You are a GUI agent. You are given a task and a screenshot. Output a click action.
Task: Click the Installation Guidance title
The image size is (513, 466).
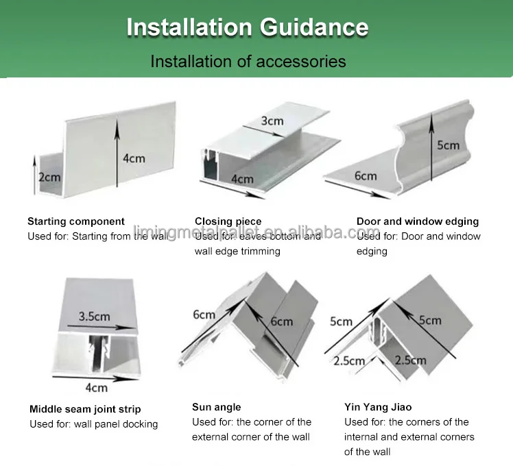pyautogui.click(x=248, y=27)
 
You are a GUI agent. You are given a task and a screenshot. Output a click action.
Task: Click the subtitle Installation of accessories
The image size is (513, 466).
pyautogui.click(x=248, y=61)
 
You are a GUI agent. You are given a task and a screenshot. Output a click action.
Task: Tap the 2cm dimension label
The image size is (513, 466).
pyautogui.click(x=49, y=177)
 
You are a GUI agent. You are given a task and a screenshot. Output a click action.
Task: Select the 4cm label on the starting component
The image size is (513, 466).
pyautogui.click(x=134, y=158)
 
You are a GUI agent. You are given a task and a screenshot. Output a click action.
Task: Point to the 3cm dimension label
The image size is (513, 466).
pyautogui.click(x=272, y=121)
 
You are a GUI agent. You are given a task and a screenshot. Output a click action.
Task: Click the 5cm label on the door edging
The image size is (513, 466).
pyautogui.click(x=448, y=145)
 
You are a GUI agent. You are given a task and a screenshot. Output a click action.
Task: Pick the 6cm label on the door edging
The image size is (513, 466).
pyautogui.click(x=366, y=175)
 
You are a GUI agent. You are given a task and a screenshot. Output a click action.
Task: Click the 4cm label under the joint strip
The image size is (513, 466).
pyautogui.click(x=96, y=388)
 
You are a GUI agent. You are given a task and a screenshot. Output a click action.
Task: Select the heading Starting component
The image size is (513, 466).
pyautogui.click(x=76, y=221)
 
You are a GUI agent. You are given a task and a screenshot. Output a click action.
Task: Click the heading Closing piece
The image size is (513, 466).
pyautogui.click(x=228, y=221)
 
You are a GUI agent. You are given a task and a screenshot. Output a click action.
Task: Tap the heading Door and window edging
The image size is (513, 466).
pyautogui.click(x=418, y=221)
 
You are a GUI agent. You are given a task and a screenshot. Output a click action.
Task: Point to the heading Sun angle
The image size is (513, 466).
pyautogui.click(x=217, y=407)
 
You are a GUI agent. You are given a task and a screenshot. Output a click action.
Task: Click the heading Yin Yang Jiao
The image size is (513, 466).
pyautogui.click(x=378, y=407)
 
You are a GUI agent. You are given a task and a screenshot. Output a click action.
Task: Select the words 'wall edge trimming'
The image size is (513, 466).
pyautogui.click(x=237, y=252)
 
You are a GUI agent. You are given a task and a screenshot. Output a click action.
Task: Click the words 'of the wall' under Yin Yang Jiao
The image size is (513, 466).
pyautogui.click(x=367, y=452)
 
